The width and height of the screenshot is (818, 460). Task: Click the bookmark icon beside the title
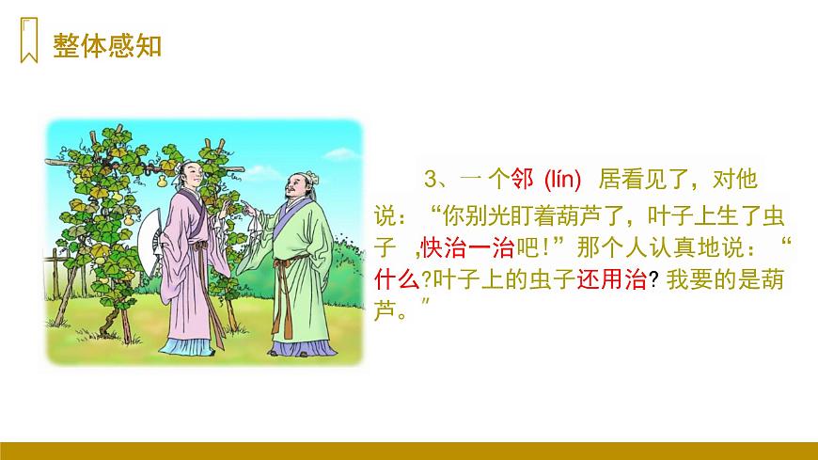(x=28, y=43)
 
